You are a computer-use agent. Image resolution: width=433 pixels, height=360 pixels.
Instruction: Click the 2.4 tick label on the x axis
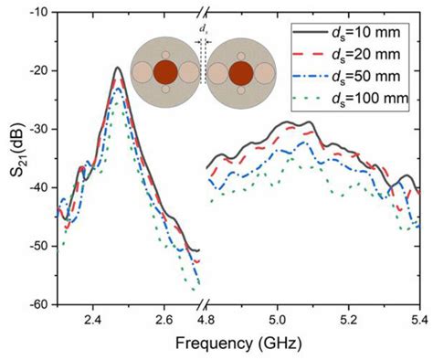[92, 321]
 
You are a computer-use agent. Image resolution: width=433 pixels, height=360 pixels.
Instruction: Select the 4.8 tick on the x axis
[206, 321]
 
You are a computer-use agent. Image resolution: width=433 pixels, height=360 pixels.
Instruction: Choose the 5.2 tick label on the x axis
[349, 321]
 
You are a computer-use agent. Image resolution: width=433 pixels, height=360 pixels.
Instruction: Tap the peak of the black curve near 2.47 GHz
[117, 68]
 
